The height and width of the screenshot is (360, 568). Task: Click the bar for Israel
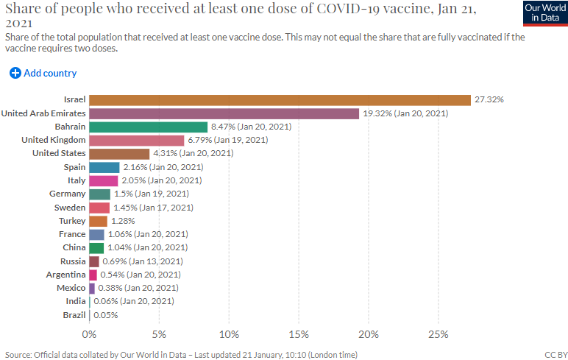pyautogui.click(x=280, y=100)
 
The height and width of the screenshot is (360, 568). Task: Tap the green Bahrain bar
pyautogui.click(x=148, y=127)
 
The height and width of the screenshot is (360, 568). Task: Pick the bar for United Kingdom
pyautogui.click(x=136, y=140)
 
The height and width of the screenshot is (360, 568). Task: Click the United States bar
pyautogui.click(x=118, y=153)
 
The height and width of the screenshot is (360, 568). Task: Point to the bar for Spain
pyautogui.click(x=104, y=167)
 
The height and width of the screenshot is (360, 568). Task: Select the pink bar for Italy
pyautogui.click(x=103, y=180)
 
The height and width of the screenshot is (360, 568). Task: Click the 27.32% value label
pyautogui.click(x=489, y=100)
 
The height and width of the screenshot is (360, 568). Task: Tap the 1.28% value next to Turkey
pyautogui.click(x=123, y=221)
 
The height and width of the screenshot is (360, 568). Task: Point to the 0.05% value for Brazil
pyautogui.click(x=105, y=315)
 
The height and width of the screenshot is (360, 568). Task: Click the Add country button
pyautogui.click(x=43, y=73)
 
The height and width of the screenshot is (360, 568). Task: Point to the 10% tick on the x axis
pyautogui.click(x=229, y=334)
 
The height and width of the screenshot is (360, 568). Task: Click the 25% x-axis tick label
pyautogui.click(x=439, y=334)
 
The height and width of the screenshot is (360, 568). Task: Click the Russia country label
pyautogui.click(x=73, y=261)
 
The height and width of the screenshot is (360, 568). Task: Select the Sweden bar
pyautogui.click(x=99, y=208)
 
